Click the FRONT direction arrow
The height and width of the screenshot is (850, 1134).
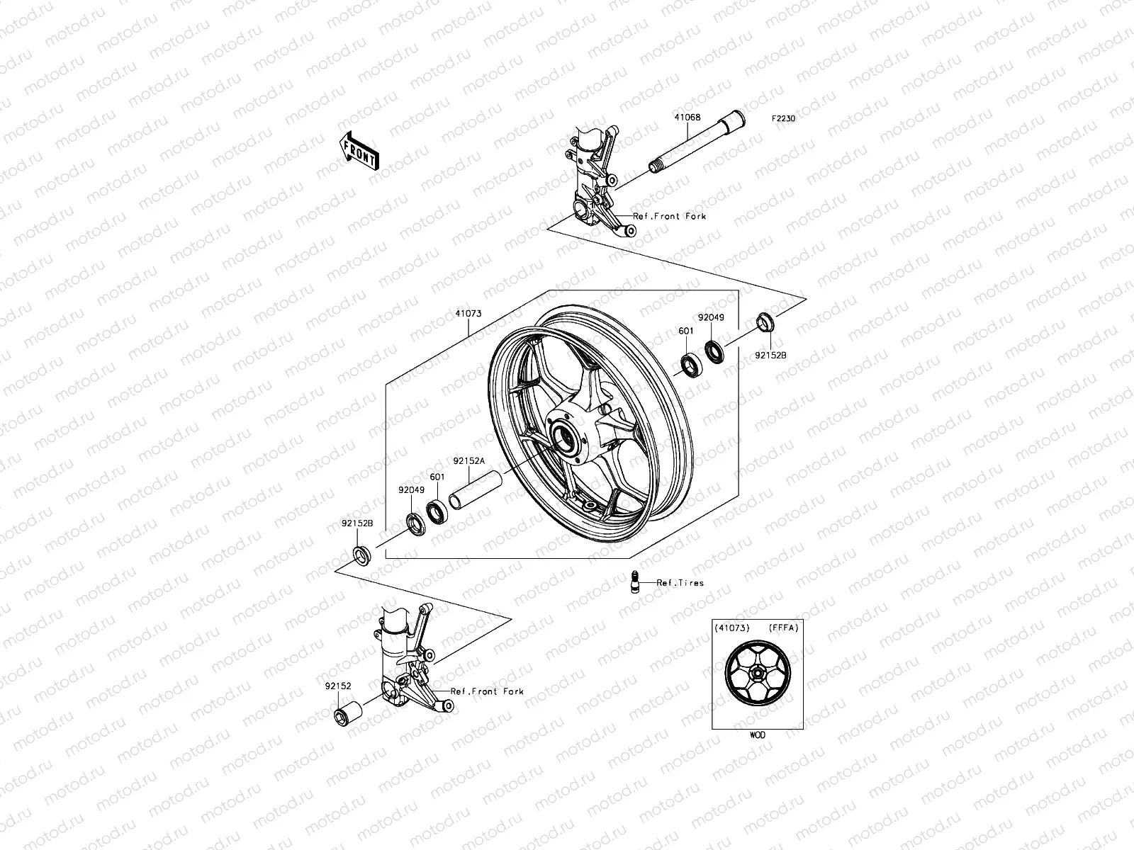(359, 150)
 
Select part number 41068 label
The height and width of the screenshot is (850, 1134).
(687, 118)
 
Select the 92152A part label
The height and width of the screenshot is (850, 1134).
(469, 461)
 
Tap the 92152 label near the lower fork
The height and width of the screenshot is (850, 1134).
(338, 686)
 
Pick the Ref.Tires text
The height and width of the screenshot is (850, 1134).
(680, 583)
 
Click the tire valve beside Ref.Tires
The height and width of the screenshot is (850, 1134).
(635, 581)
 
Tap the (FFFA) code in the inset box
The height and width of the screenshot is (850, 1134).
(784, 628)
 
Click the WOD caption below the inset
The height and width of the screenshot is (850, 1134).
(757, 735)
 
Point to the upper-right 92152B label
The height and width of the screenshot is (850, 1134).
(770, 356)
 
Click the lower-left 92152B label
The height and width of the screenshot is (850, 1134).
(359, 523)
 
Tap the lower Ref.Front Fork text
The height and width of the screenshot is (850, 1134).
(487, 691)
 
